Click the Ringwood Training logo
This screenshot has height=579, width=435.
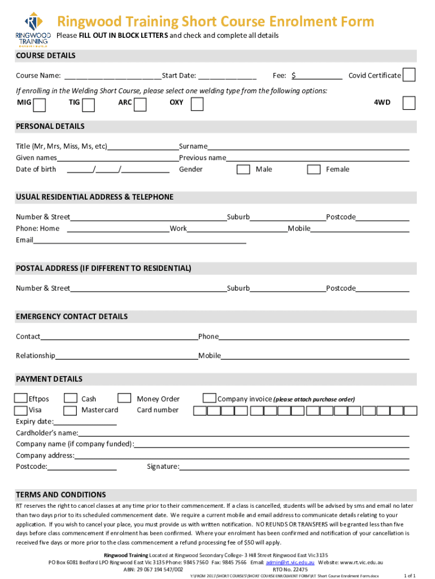32,28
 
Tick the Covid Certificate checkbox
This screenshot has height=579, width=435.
409,75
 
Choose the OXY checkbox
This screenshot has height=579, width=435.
197,104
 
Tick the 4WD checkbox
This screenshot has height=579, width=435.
408,102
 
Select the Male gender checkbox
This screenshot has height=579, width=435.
243,170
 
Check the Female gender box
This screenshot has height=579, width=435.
314,170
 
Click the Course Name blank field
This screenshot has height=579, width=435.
112,76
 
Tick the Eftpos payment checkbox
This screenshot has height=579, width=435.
21,399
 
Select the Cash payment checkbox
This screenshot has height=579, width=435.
71,399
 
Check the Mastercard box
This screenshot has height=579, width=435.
71,410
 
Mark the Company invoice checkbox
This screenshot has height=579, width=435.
209,398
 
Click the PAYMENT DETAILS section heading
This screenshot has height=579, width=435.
49,379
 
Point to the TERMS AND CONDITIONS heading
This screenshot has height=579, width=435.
61,494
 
